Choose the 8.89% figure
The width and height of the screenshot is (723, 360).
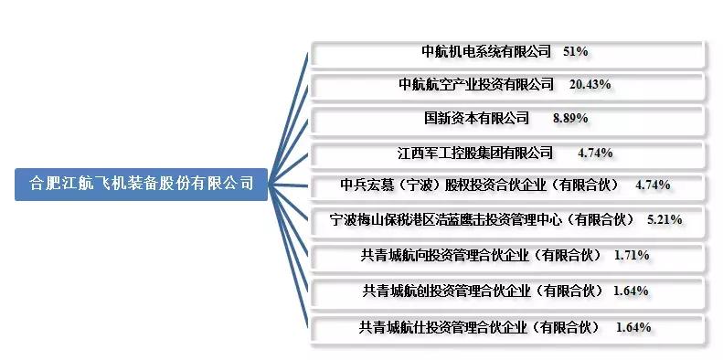point(570,119)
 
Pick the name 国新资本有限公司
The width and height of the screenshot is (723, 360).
point(476,119)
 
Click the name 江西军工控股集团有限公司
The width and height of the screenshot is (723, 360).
point(476,152)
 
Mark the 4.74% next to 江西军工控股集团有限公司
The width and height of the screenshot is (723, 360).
point(595,153)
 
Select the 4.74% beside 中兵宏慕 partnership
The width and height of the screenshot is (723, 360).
point(653,185)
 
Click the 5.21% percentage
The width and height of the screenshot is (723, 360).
point(664,219)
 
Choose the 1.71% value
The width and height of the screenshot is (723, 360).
point(632,256)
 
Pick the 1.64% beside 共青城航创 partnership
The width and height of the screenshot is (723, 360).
point(631,291)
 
